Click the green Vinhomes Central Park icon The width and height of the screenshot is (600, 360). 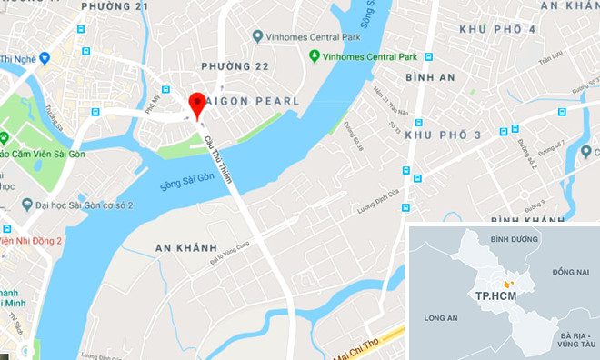315,55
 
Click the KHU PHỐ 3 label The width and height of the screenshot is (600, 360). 443,135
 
